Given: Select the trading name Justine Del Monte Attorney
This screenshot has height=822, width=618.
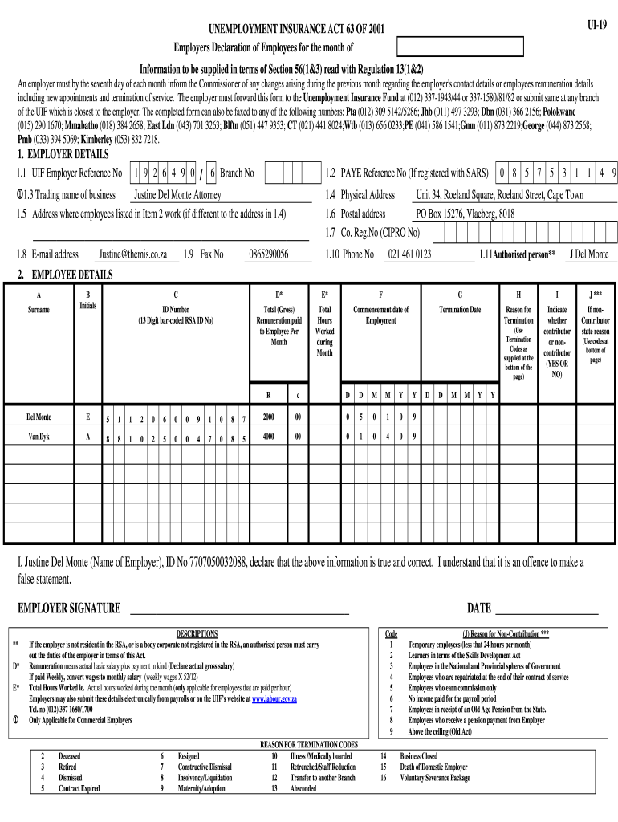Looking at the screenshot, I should click(x=177, y=195).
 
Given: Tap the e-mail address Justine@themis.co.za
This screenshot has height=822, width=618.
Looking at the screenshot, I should click(x=132, y=254).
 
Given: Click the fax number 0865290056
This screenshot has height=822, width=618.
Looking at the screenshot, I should click(x=268, y=254).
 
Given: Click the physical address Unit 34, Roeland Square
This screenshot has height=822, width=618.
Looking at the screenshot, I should click(x=499, y=195).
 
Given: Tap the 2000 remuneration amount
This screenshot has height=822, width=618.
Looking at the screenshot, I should click(x=268, y=417).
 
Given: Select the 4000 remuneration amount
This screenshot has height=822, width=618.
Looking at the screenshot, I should click(x=268, y=437).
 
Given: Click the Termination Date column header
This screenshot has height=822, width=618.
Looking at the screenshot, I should click(x=459, y=310).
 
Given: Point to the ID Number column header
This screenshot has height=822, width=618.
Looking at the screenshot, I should click(x=176, y=310).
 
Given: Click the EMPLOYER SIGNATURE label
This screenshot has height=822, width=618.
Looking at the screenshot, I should click(x=69, y=608).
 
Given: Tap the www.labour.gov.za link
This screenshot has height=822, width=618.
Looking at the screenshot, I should click(x=274, y=699).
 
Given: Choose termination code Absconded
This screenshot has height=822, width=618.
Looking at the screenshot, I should click(x=303, y=788).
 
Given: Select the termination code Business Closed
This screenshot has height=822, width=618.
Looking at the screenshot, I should click(x=418, y=756).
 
